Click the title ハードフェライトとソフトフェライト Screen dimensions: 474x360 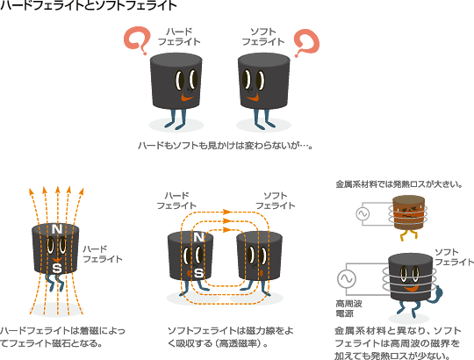point(89,5)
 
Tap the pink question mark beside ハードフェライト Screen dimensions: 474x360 point(137,40)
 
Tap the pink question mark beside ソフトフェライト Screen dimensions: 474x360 point(307,43)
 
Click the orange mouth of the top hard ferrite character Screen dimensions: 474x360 point(187,98)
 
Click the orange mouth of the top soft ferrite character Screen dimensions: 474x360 point(253,97)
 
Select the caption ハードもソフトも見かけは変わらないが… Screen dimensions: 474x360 point(226,146)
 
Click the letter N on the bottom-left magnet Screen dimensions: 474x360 point(57,229)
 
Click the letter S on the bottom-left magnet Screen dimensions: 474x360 point(57,268)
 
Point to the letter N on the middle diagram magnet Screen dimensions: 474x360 point(198,237)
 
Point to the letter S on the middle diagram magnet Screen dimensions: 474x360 point(198,273)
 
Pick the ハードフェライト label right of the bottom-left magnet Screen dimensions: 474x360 point(103,255)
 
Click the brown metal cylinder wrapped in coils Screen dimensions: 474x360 point(408,212)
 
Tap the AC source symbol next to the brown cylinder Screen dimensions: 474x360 point(363,213)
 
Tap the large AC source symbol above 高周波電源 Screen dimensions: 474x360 point(347,278)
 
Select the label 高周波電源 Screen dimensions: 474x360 point(348,308)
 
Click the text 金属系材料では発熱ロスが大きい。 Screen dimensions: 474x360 point(399,184)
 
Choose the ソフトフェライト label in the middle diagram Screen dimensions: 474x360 point(276,201)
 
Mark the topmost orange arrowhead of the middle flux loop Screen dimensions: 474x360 point(227,212)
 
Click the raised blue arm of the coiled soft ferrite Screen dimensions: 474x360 point(437,294)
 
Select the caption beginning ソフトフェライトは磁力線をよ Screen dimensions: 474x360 point(230,337)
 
